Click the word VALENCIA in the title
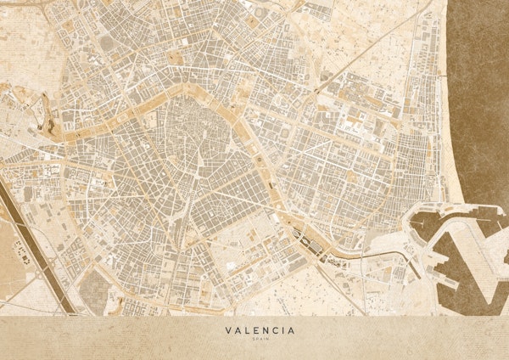tap(260, 330)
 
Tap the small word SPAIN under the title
tap(260, 340)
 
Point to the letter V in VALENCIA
tap(228, 330)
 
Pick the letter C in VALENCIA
tap(277, 330)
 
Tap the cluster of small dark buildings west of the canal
tap(22, 256)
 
